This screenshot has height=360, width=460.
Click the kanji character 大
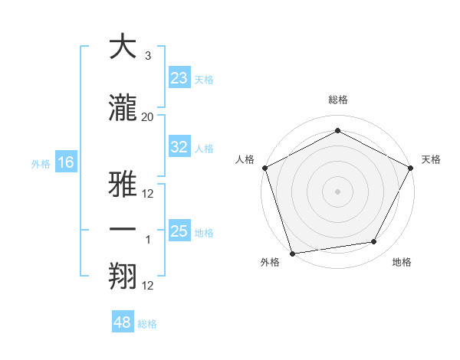tap(123, 47)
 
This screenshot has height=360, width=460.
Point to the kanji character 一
tap(123, 230)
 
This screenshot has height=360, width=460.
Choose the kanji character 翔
tap(123, 275)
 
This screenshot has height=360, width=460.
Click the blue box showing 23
tap(179, 78)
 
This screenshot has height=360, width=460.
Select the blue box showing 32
tap(179, 148)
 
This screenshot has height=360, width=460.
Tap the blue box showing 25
tap(179, 231)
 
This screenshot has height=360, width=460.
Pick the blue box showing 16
tap(65, 162)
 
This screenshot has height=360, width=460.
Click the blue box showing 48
tap(123, 322)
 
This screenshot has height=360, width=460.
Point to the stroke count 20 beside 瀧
tap(148, 116)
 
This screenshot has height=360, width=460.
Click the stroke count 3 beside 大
tap(148, 56)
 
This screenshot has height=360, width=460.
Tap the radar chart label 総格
tap(337, 100)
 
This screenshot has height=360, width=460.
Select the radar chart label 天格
tap(431, 159)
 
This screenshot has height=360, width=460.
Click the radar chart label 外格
tap(270, 263)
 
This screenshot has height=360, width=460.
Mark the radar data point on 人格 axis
tap(264, 168)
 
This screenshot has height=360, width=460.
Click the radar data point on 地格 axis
tap(374, 242)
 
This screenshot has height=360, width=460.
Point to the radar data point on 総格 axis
tap(337, 131)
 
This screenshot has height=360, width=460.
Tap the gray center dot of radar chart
tap(337, 191)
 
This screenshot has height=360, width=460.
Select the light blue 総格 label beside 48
tap(147, 324)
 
